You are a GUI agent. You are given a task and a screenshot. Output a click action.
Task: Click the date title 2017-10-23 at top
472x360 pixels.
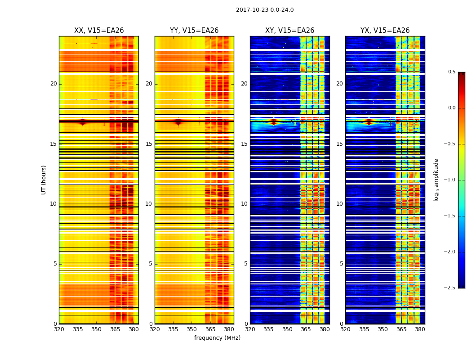pyautogui.click(x=264, y=10)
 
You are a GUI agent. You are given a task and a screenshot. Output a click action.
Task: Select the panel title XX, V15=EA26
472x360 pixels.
pyautogui.click(x=99, y=31)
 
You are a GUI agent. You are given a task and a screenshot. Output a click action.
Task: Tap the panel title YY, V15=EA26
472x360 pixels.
pyautogui.click(x=194, y=31)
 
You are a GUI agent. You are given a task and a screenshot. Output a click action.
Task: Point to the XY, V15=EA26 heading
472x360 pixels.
pyautogui.click(x=289, y=31)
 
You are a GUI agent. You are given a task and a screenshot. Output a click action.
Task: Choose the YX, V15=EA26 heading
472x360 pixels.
pyautogui.click(x=385, y=31)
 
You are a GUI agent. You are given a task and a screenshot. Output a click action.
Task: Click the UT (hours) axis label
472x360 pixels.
pyautogui.click(x=44, y=180)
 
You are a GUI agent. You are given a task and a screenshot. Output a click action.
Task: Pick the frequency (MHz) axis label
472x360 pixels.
pyautogui.click(x=217, y=338)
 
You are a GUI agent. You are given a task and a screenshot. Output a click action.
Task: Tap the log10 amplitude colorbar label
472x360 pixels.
pyautogui.click(x=436, y=180)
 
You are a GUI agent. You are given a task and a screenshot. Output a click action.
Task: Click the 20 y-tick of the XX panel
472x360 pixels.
pyautogui.click(x=53, y=84)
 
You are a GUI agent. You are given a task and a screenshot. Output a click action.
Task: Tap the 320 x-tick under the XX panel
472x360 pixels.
pyautogui.click(x=59, y=329)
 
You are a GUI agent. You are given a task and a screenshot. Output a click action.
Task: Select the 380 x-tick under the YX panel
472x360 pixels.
pyautogui.click(x=420, y=329)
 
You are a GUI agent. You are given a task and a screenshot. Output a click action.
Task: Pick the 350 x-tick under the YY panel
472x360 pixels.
pyautogui.click(x=192, y=329)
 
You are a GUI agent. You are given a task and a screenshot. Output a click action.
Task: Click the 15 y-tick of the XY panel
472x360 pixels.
pyautogui.click(x=244, y=144)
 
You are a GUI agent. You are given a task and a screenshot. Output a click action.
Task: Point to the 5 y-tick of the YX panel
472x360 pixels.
pyautogui.click(x=341, y=264)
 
